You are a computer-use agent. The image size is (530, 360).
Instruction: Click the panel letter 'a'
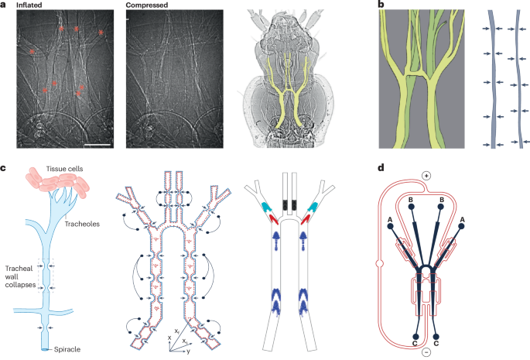4,5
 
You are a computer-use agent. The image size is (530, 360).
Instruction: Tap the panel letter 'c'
4,168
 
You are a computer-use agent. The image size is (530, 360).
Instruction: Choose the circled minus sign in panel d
429,350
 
